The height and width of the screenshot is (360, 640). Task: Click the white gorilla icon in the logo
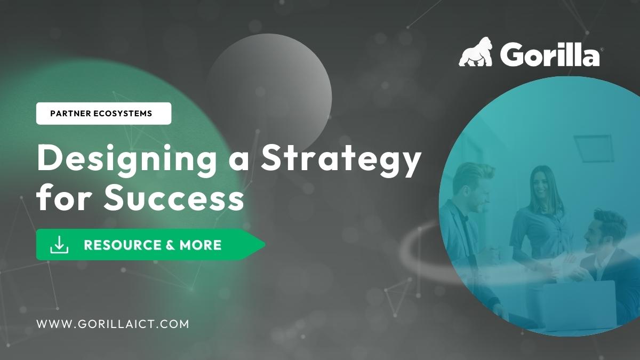click(x=476, y=52)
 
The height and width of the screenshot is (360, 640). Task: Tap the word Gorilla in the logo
click(x=550, y=54)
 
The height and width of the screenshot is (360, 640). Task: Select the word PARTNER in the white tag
click(x=70, y=114)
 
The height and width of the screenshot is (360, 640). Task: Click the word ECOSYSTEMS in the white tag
click(x=123, y=114)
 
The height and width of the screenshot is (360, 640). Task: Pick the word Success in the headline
click(x=174, y=197)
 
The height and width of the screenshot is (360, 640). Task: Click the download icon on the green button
click(x=59, y=245)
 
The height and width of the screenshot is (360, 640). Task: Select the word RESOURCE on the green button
click(x=123, y=245)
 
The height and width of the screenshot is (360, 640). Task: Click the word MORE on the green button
click(x=201, y=245)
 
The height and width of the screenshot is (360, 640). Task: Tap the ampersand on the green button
click(x=171, y=245)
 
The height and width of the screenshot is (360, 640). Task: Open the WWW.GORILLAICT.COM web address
click(x=113, y=324)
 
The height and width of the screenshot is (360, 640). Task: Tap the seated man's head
click(x=604, y=231)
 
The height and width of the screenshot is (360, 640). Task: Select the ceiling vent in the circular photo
click(x=594, y=148)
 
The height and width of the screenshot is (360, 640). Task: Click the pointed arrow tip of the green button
click(x=266, y=245)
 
